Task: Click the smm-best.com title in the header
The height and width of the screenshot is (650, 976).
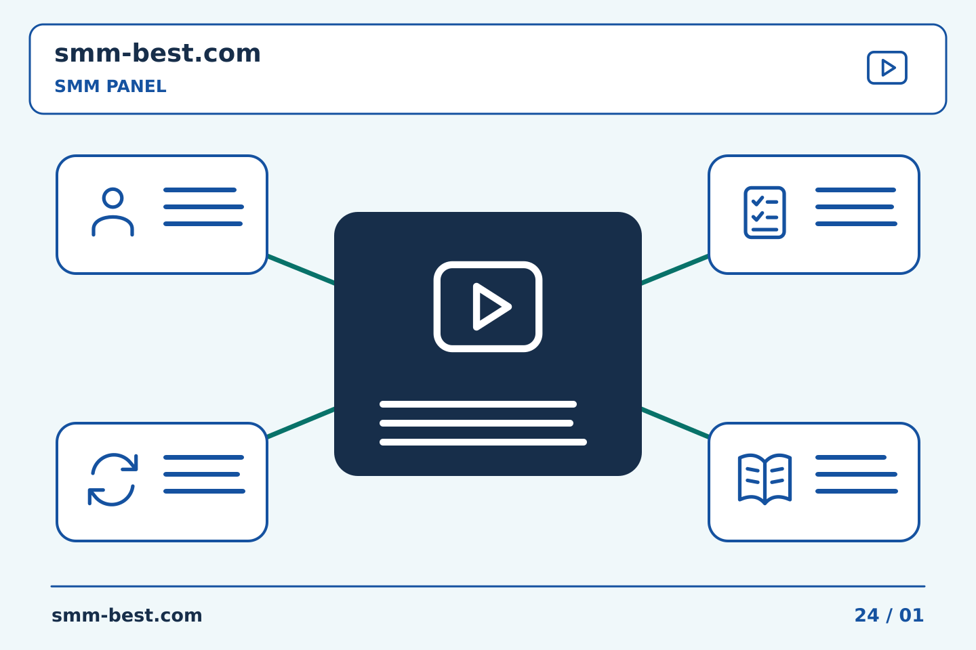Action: point(157,53)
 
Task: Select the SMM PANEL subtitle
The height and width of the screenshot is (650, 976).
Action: point(110,86)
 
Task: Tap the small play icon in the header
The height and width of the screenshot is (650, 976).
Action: point(887,68)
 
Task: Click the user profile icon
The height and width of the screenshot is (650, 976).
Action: point(113,212)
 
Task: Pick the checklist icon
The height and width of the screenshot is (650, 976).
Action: point(765,213)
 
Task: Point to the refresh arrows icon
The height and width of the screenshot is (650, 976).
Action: point(113,480)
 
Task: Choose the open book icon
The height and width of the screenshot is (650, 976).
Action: point(765,479)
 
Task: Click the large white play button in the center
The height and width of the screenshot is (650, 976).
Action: point(488,307)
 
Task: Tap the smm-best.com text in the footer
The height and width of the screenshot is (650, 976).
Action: point(127,615)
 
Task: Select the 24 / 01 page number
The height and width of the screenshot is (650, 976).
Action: point(889,615)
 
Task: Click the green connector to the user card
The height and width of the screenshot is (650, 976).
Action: point(301,270)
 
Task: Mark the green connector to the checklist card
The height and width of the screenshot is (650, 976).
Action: point(675,270)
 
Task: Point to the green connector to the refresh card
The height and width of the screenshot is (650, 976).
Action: point(301,422)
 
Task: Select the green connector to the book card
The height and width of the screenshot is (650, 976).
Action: point(675,422)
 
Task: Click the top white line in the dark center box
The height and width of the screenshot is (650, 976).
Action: point(478,404)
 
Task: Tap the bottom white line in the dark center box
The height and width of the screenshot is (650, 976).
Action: point(483,442)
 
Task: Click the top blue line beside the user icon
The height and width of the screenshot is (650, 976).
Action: point(200,190)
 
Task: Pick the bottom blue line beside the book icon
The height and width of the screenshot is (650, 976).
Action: point(857,491)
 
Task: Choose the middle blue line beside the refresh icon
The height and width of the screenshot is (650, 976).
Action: point(202,474)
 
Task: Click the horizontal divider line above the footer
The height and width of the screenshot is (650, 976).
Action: point(488,586)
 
